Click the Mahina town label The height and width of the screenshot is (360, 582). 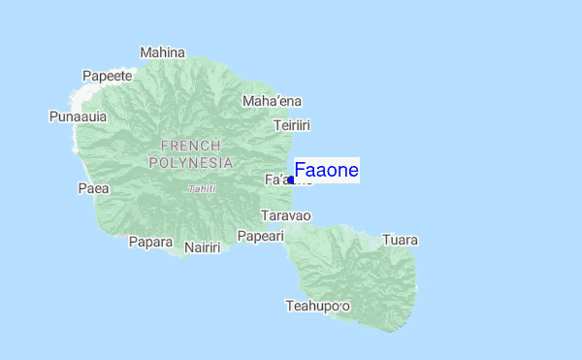(x=162, y=52)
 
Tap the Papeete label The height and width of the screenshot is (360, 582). (x=107, y=76)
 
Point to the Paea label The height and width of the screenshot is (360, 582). (x=93, y=188)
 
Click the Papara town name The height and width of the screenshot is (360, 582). (x=150, y=242)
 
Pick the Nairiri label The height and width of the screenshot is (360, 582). (x=202, y=247)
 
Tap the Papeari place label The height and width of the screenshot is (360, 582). (x=260, y=236)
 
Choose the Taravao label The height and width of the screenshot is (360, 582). (x=285, y=215)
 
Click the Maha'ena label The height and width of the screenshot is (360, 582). (x=272, y=101)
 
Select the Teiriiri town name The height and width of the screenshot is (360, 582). (x=291, y=125)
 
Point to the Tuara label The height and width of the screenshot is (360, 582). (x=400, y=240)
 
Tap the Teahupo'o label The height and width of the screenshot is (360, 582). (x=317, y=307)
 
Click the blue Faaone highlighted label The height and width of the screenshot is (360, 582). (x=327, y=171)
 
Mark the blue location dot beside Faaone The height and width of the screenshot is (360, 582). (x=291, y=180)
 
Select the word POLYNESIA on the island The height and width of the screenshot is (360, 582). (x=190, y=163)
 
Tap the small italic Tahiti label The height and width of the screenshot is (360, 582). (x=203, y=189)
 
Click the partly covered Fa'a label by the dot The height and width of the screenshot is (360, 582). (x=275, y=180)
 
